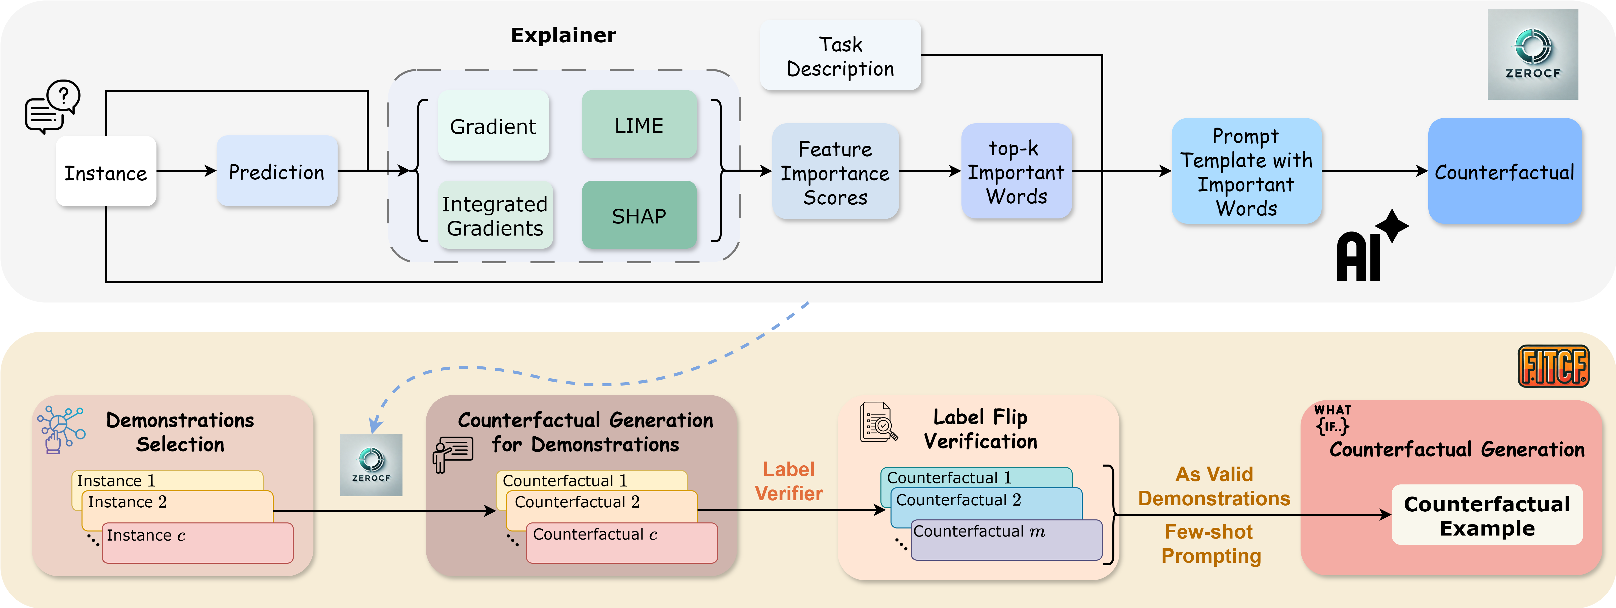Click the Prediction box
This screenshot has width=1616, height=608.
pyautogui.click(x=277, y=171)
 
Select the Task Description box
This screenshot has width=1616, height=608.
pyautogui.click(x=840, y=56)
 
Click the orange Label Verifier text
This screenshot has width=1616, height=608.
pyautogui.click(x=789, y=481)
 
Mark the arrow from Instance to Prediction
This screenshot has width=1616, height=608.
pyautogui.click(x=186, y=171)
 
